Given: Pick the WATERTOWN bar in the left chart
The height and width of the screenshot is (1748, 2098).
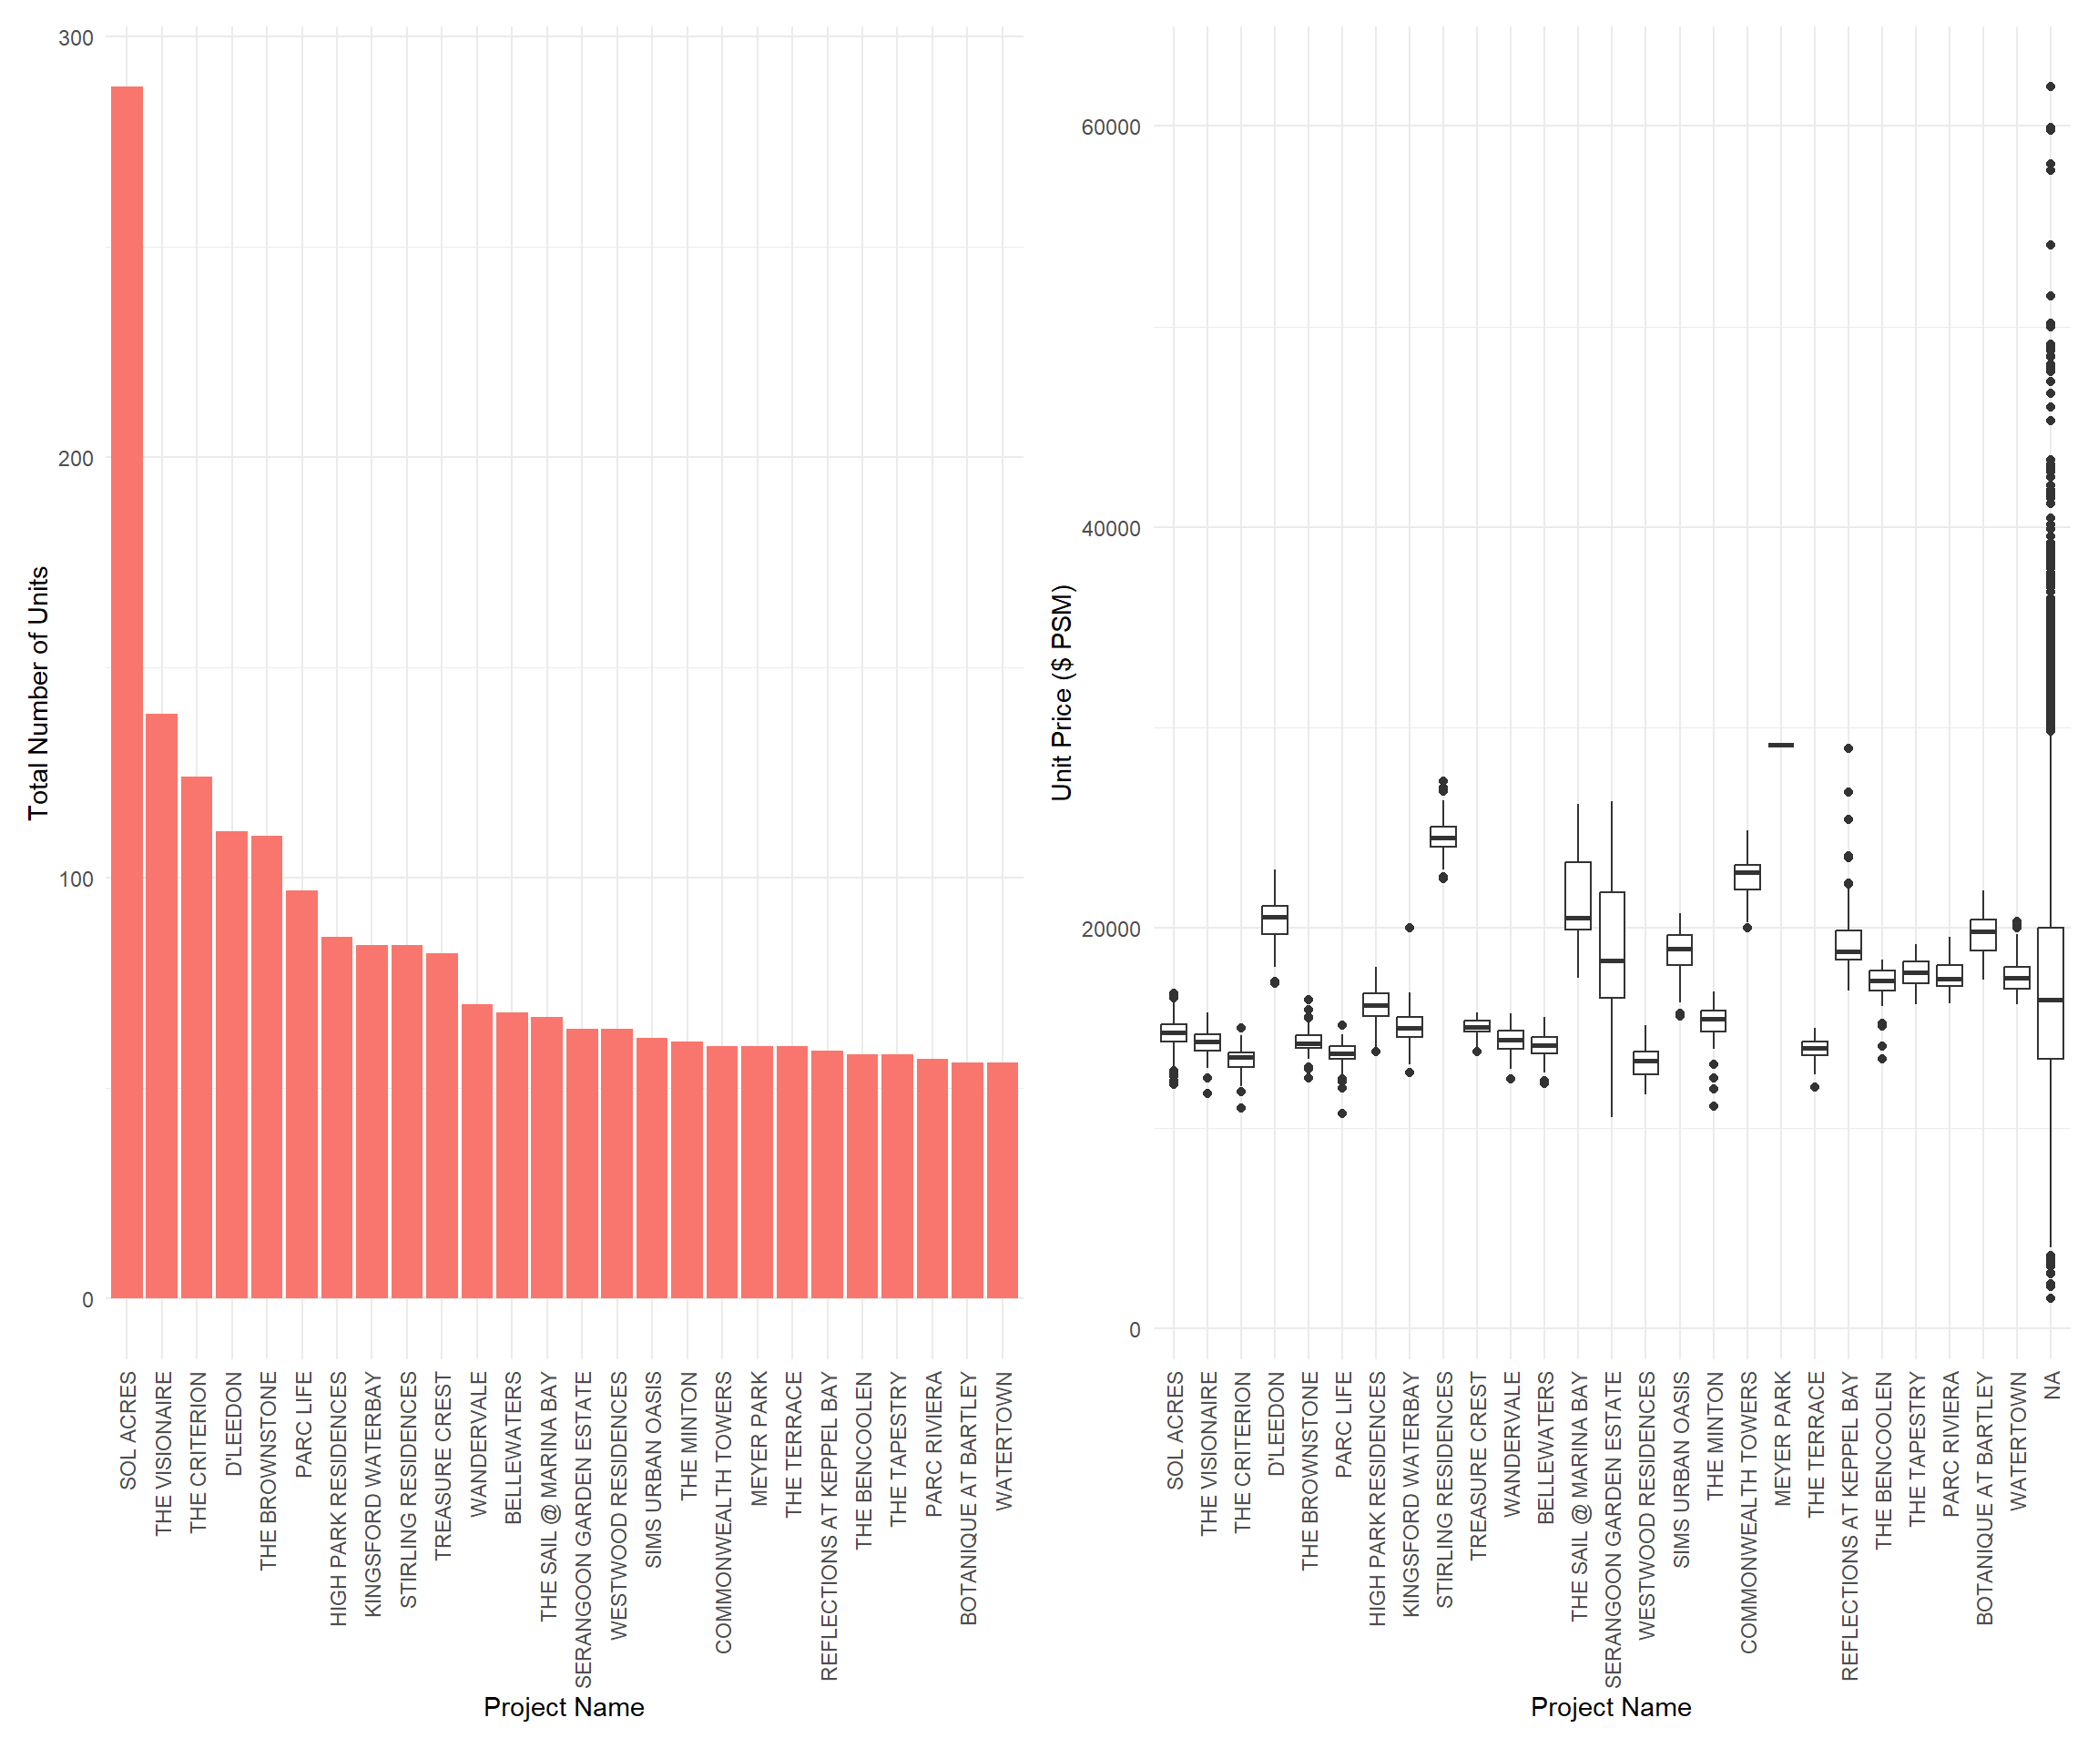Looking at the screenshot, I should [x=1002, y=1180].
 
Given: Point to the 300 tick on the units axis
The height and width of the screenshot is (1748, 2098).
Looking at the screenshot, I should [x=76, y=38].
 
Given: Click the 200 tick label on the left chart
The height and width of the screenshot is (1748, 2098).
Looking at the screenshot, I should [x=76, y=459].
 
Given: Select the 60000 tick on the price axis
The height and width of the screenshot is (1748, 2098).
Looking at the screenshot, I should [x=1110, y=127].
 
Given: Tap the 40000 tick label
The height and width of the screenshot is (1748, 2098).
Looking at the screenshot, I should [x=1110, y=528].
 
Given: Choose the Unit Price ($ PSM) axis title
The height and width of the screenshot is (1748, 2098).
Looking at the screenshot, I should [x=1061, y=693].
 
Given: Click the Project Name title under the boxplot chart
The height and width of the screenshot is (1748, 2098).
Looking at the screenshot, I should [x=1611, y=1707].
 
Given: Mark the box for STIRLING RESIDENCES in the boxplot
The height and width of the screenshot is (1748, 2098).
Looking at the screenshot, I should [x=1442, y=836].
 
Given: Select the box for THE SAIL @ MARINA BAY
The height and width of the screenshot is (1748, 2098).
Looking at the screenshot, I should [x=1577, y=895].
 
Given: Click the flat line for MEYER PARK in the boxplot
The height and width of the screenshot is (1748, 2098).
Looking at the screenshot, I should [x=1780, y=745].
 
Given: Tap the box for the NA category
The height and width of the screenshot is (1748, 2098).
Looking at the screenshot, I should [x=2050, y=993].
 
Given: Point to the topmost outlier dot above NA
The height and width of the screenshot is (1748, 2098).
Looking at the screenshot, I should [x=2050, y=86].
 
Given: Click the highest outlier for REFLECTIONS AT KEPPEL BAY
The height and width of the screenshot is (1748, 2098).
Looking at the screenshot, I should [x=1848, y=748].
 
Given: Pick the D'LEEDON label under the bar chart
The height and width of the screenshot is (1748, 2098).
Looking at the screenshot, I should [x=233, y=1423].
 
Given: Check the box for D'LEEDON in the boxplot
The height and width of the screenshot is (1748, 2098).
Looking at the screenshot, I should [x=1274, y=920].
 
